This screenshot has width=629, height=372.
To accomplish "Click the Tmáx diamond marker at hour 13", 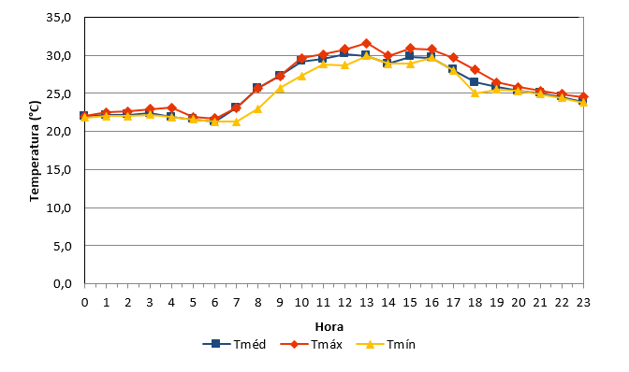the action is pyautogui.click(x=366, y=43).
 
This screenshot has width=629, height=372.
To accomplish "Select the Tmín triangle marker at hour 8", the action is pyautogui.click(x=257, y=108).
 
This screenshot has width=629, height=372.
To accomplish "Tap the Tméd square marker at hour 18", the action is pyautogui.click(x=475, y=81).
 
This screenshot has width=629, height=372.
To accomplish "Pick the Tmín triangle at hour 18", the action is pyautogui.click(x=475, y=93).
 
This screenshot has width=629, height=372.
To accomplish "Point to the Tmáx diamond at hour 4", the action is pyautogui.click(x=171, y=107).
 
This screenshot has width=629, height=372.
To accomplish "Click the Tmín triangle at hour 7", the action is pyautogui.click(x=236, y=122).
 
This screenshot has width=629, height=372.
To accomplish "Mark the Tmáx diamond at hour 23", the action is pyautogui.click(x=583, y=97).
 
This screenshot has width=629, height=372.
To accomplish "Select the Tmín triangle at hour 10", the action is pyautogui.click(x=301, y=76).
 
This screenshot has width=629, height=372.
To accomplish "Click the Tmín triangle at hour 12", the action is pyautogui.click(x=344, y=64).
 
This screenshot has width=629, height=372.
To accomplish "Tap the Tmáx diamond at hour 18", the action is pyautogui.click(x=475, y=70).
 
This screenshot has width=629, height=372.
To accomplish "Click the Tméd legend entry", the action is pyautogui.click(x=234, y=344).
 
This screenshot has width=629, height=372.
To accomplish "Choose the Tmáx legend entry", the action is pyautogui.click(x=312, y=344).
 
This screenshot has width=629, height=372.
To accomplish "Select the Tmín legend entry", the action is pyautogui.click(x=386, y=344).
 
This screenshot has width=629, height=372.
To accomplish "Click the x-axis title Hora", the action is pyautogui.click(x=329, y=327).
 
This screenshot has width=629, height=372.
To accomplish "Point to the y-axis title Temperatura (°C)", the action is pyautogui.click(x=35, y=151).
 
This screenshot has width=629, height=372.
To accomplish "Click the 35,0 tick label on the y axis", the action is pyautogui.click(x=59, y=18).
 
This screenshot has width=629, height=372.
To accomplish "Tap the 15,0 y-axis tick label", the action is pyautogui.click(x=59, y=170).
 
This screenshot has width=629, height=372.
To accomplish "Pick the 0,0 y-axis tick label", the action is pyautogui.click(x=63, y=284).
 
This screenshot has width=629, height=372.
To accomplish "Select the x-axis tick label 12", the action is pyautogui.click(x=344, y=302).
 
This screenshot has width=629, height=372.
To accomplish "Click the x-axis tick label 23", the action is pyautogui.click(x=583, y=302).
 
